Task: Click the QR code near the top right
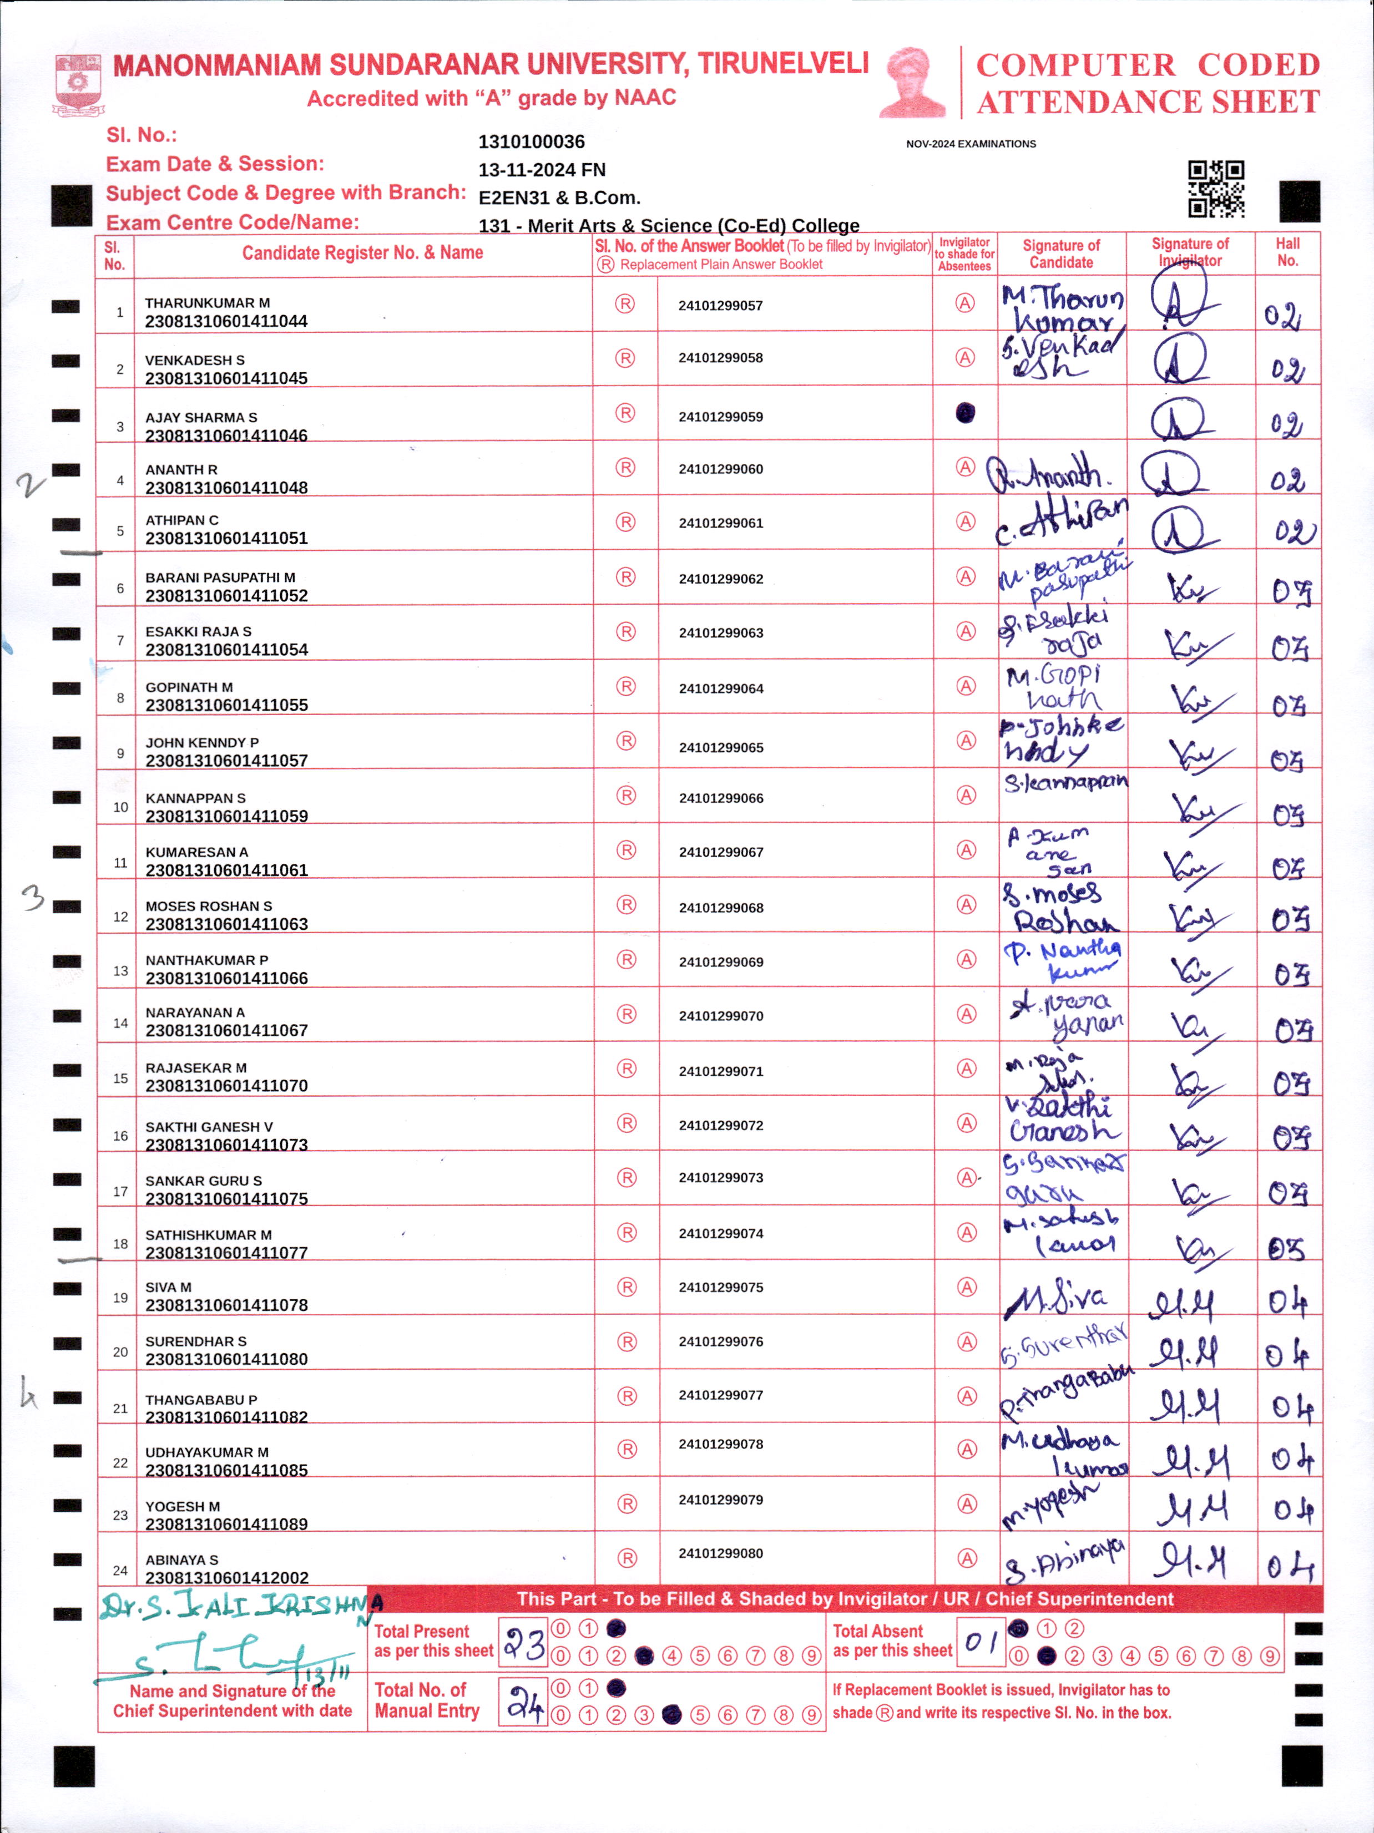[1216, 189]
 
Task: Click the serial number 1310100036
[531, 141]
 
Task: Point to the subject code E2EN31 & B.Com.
[559, 198]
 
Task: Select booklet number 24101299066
[721, 798]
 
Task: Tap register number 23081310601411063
[226, 924]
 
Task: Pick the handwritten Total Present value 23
[524, 1643]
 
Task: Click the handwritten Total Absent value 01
[981, 1640]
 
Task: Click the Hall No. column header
[1287, 252]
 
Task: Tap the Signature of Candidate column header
[1061, 254]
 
